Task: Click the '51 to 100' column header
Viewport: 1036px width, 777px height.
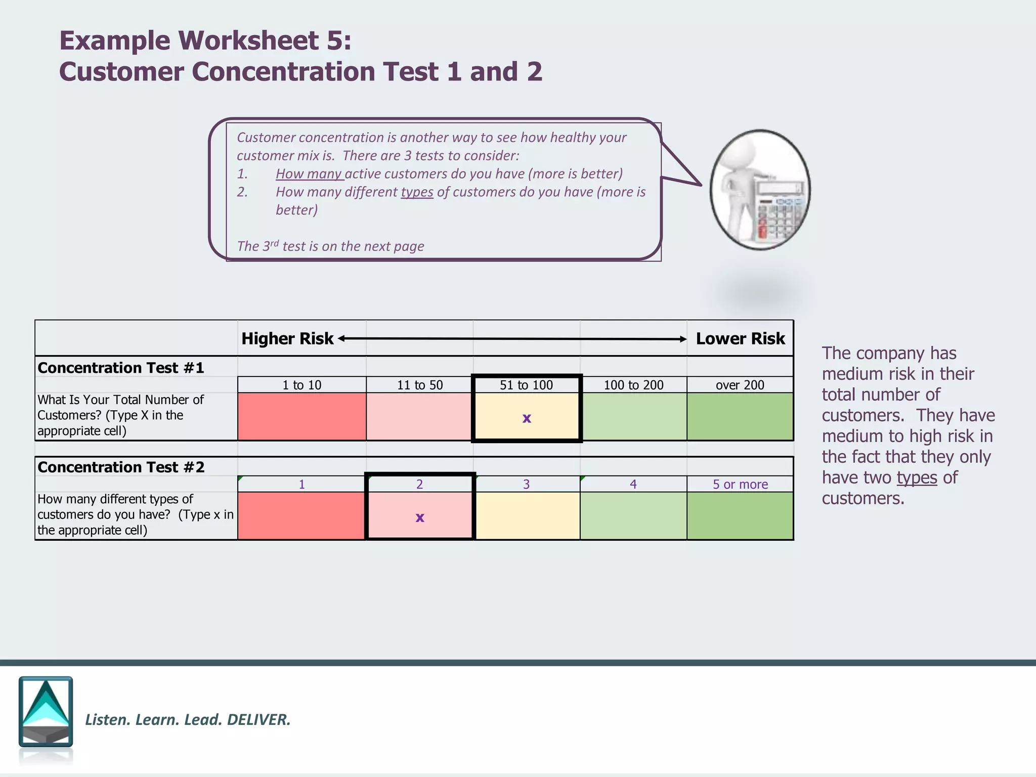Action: pos(526,385)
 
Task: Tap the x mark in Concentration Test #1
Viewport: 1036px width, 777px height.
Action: pos(527,418)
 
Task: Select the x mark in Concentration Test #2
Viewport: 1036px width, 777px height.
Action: pos(420,517)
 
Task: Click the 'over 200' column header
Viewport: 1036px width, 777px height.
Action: pos(740,385)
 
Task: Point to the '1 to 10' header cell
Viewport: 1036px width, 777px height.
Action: pos(302,385)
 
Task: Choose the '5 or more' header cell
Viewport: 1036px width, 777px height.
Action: pos(740,484)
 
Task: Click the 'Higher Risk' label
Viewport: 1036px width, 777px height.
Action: pos(287,338)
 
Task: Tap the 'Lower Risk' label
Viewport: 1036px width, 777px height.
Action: pos(740,338)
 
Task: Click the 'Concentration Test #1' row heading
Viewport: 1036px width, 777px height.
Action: pos(121,368)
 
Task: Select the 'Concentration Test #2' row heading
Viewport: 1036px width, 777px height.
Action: pos(121,467)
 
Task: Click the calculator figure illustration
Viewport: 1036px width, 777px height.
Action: pos(760,190)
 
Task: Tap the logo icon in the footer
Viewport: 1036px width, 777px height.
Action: pos(46,712)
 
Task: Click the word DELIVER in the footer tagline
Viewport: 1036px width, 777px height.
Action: pos(258,719)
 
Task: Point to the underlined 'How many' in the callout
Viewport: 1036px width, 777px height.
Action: pos(309,174)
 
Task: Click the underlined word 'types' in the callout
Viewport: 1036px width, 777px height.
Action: pos(417,192)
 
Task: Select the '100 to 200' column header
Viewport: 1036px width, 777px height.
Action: pos(633,385)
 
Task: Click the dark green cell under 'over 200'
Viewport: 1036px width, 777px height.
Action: pos(740,416)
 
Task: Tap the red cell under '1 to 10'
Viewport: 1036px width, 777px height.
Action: pos(302,416)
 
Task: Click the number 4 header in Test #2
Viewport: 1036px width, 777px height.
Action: pos(633,484)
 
